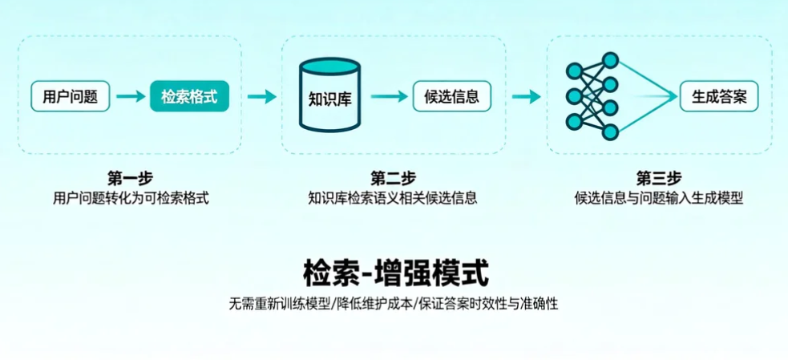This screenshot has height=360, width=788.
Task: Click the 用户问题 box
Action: (71, 97)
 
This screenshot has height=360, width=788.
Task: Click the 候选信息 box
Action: (451, 97)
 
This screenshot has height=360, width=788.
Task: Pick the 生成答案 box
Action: (719, 97)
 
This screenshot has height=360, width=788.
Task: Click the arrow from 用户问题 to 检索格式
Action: (130, 97)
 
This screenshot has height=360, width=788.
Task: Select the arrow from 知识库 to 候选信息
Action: (390, 97)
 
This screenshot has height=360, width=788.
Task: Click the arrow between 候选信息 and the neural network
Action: (527, 97)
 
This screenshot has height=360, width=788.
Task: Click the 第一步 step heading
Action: (130, 177)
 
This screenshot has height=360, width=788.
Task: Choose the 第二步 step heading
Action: (393, 177)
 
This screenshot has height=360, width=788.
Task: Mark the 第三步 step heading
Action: (658, 177)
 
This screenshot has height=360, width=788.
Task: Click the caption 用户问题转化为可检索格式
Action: (130, 197)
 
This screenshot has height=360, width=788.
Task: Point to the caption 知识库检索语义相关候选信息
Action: (393, 197)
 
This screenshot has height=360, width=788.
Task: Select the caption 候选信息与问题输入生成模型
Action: (658, 197)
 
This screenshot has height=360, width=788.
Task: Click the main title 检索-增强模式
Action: (395, 273)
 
